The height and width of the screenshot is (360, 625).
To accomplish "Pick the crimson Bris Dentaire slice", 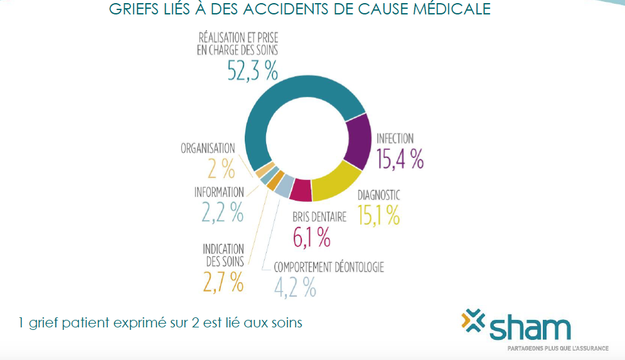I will [302, 190].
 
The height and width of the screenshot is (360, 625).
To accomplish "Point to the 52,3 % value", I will [252, 71].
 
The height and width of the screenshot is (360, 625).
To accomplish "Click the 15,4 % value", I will [400, 159].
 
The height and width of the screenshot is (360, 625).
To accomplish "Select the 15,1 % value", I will [378, 215].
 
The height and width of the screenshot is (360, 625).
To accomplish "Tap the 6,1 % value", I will [312, 237].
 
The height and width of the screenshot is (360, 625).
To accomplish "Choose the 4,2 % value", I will [295, 287].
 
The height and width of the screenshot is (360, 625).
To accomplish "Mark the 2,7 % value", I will [223, 282].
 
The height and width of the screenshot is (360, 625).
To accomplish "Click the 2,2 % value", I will [222, 213].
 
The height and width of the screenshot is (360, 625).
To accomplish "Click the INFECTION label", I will [395, 139].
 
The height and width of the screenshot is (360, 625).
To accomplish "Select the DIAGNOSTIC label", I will [378, 195].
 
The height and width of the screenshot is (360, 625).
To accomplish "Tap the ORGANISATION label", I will [208, 149].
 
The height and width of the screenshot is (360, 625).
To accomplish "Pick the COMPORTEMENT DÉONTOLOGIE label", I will [328, 267].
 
